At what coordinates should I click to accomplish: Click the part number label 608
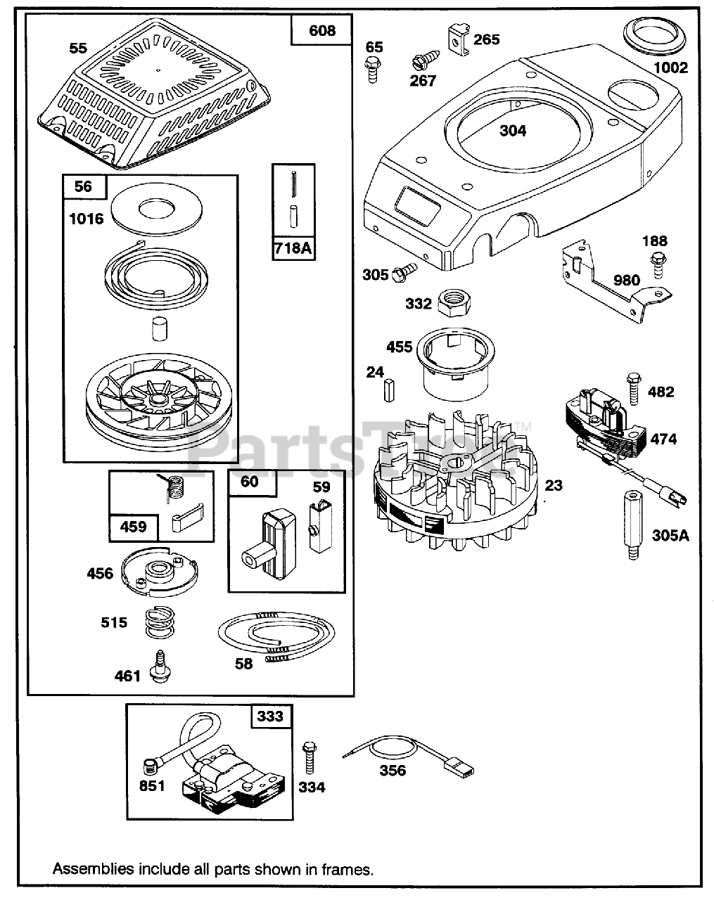point(321,30)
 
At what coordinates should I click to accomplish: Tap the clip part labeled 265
point(457,38)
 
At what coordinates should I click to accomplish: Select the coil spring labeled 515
point(161,623)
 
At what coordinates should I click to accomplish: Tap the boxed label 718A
point(293,249)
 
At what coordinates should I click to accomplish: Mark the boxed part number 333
point(271,716)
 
